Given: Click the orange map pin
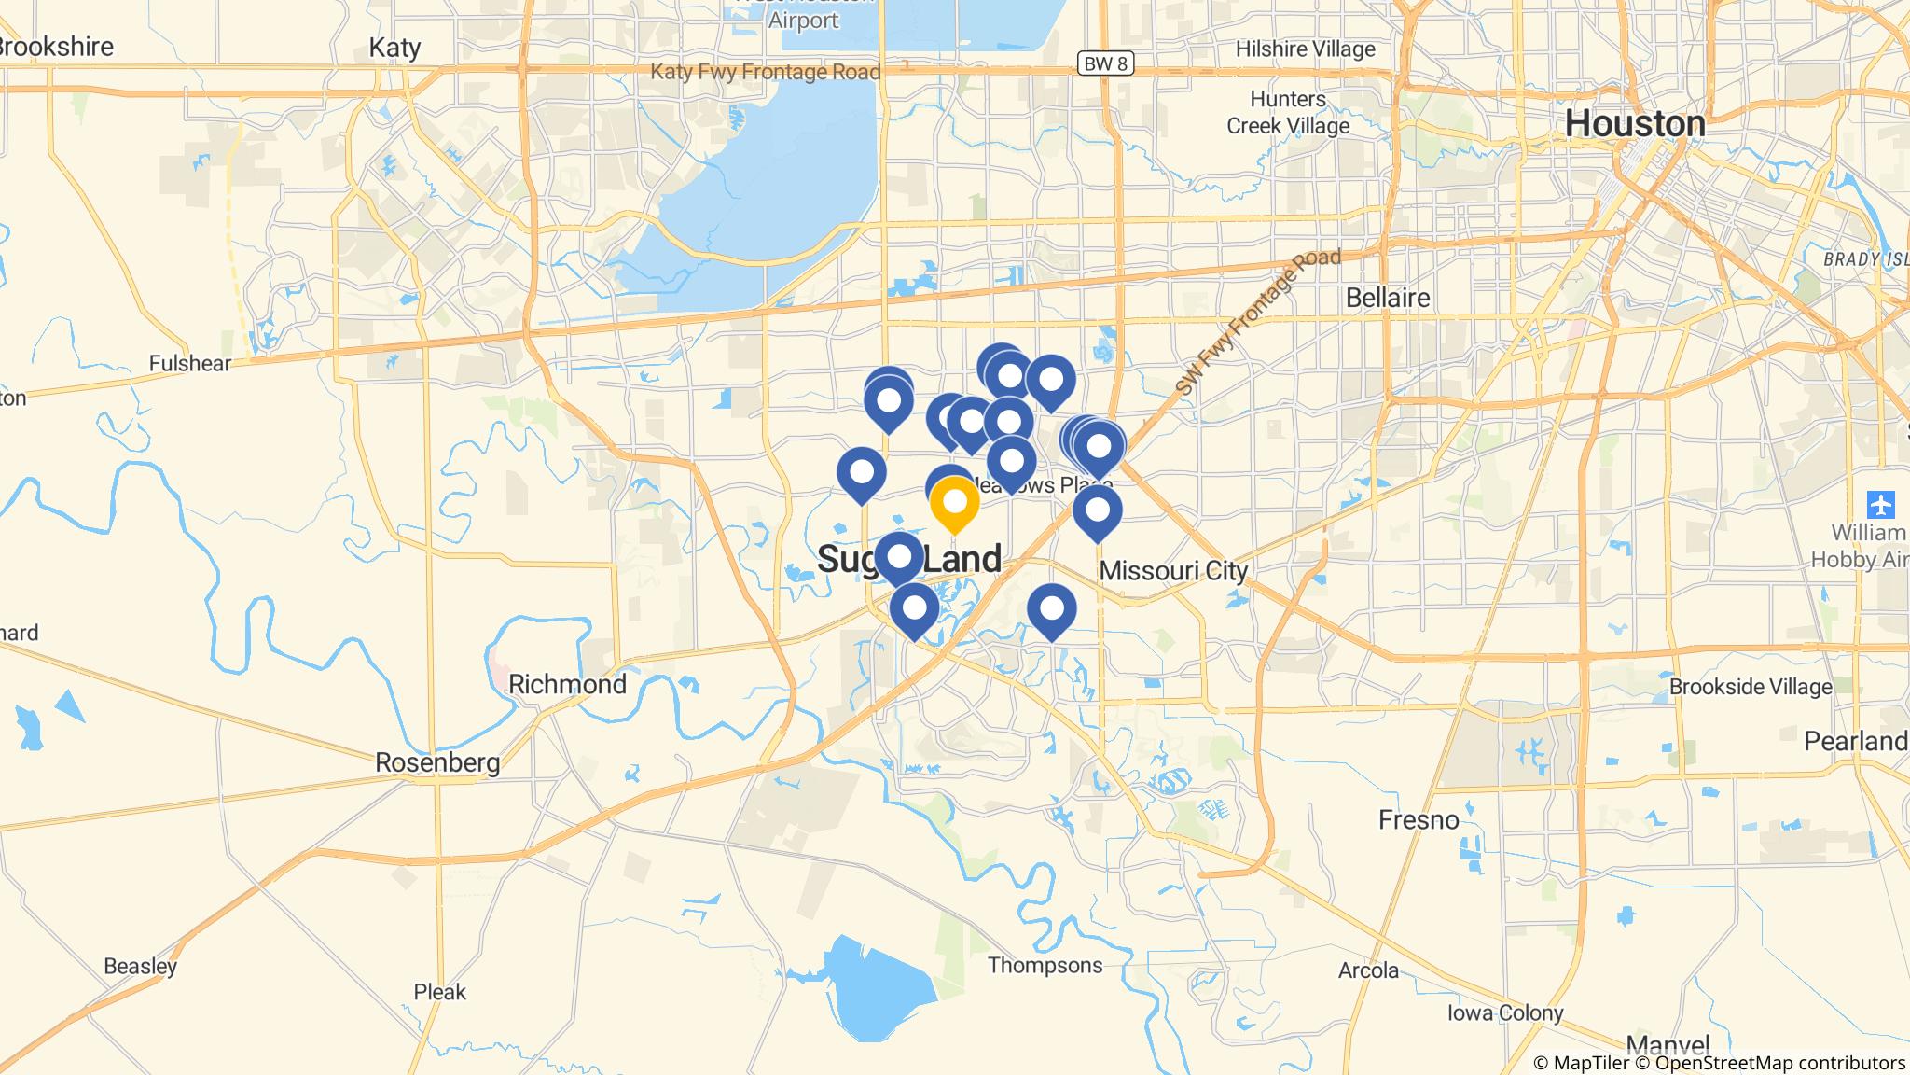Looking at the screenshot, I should click(954, 503).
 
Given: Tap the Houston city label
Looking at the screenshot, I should click(1634, 123).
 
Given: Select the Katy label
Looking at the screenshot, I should click(394, 48).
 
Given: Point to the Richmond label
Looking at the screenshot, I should click(567, 684).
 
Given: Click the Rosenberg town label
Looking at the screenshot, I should click(437, 762).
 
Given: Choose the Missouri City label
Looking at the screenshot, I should click(1173, 570).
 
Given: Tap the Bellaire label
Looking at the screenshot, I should click(1388, 298).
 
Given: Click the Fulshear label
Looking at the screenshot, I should click(190, 363).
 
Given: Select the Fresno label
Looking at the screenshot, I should click(1419, 819).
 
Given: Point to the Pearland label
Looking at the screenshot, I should click(1855, 741).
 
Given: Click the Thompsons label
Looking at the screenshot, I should click(1045, 965).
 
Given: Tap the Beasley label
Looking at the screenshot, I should click(140, 966).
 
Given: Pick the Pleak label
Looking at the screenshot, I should click(439, 992).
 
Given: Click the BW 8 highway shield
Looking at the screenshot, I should click(1106, 63).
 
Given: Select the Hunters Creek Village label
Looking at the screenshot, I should click(1288, 112).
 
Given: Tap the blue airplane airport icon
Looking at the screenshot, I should click(1881, 505).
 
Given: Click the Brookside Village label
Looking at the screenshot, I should click(1751, 687).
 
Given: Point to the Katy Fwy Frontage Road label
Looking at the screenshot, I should click(765, 72).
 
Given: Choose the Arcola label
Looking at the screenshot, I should click(1368, 970).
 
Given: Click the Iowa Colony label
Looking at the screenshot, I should click(1505, 1012).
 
